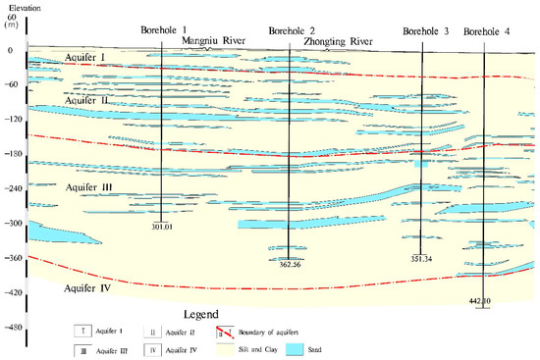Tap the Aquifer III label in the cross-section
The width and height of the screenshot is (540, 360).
point(90,185)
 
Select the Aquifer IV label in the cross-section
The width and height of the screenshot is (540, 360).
point(86,289)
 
